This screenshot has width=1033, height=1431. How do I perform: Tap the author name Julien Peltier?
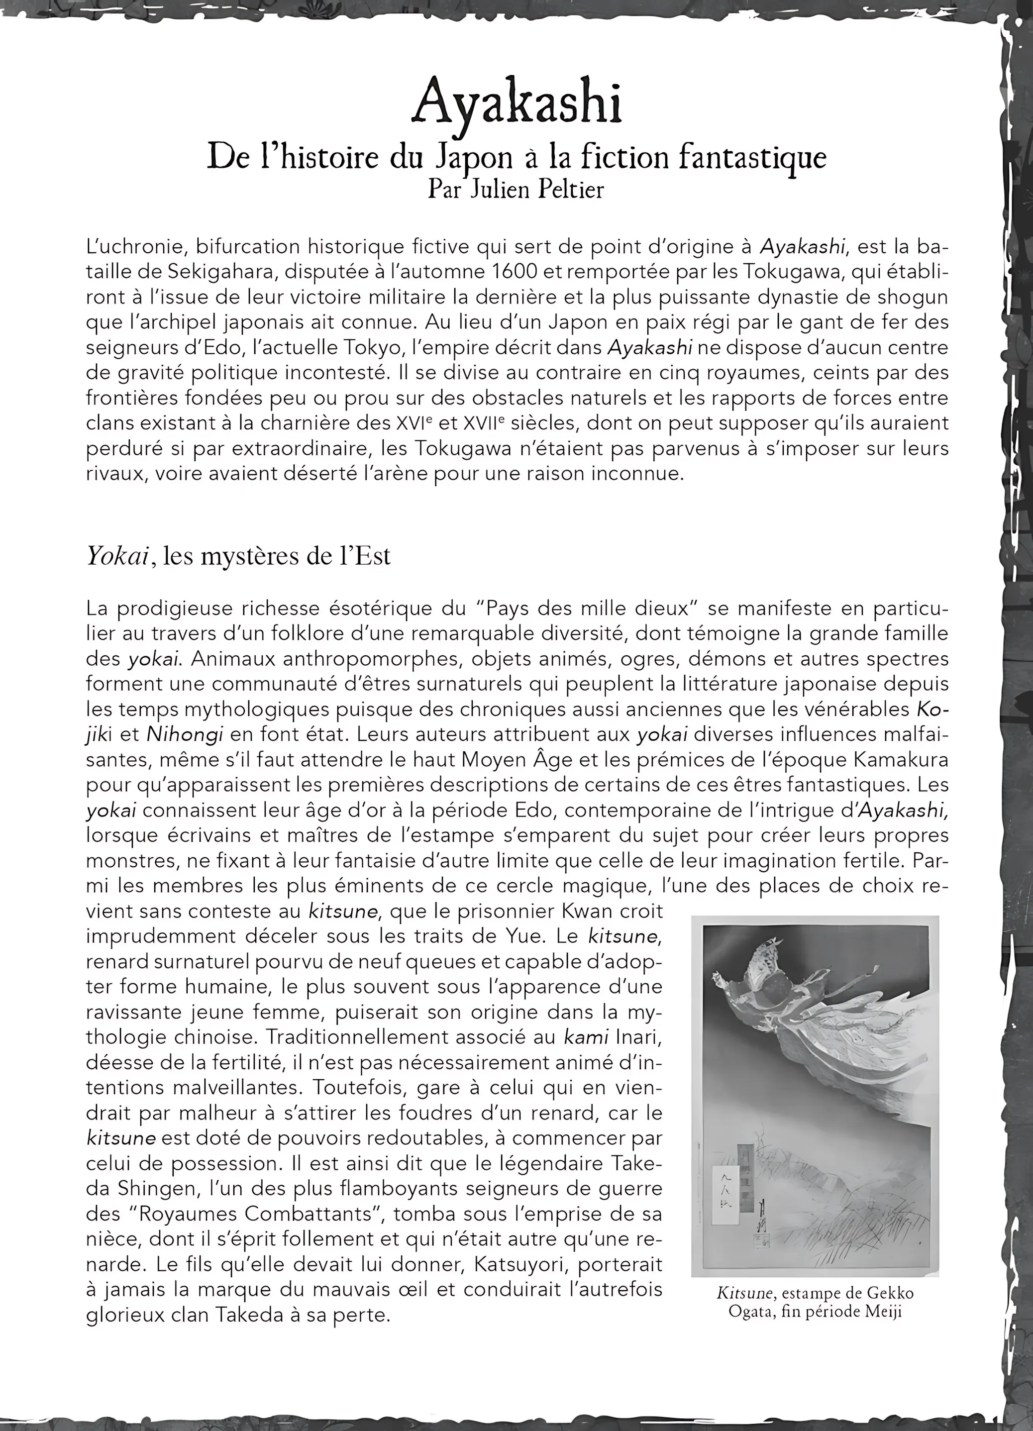coord(537,189)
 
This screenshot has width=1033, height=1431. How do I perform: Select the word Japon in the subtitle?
coord(473,157)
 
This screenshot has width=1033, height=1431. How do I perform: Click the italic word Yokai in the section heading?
coord(117,556)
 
